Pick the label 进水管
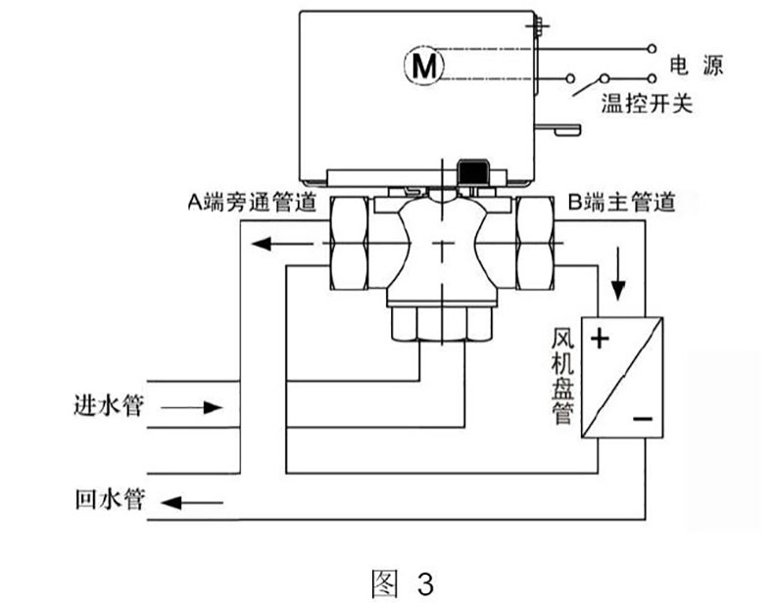click(109, 405)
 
